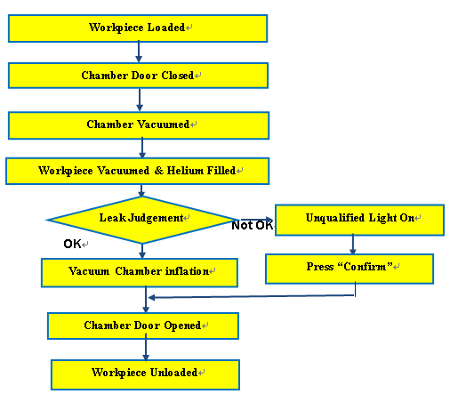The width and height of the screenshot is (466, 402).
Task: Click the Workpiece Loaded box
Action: click(138, 28)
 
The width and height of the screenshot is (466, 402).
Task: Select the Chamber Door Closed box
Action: click(138, 76)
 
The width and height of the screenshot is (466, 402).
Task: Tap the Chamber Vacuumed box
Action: click(139, 125)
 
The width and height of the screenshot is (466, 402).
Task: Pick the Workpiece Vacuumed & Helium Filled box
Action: click(138, 171)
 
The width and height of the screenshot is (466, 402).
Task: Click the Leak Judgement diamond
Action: click(142, 220)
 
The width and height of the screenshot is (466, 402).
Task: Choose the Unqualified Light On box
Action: click(359, 220)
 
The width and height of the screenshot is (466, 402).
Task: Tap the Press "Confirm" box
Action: click(349, 269)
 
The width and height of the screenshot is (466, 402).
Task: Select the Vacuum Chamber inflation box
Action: click(140, 273)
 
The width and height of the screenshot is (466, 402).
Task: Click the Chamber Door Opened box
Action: click(143, 326)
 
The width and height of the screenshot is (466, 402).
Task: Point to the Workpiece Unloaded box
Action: click(145, 374)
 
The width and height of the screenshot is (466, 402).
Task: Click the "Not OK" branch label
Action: click(253, 225)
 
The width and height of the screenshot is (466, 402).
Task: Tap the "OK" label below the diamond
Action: click(72, 244)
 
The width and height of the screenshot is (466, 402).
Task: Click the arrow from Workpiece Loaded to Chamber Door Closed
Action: click(139, 52)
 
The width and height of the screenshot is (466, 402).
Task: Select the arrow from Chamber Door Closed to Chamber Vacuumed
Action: click(140, 100)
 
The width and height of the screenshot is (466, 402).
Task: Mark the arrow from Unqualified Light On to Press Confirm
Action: click(353, 245)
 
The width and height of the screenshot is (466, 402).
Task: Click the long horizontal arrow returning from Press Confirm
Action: click(252, 296)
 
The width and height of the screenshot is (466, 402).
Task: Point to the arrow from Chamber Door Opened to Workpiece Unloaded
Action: click(146, 347)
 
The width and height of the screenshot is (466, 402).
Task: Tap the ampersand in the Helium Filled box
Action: click(159, 171)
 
